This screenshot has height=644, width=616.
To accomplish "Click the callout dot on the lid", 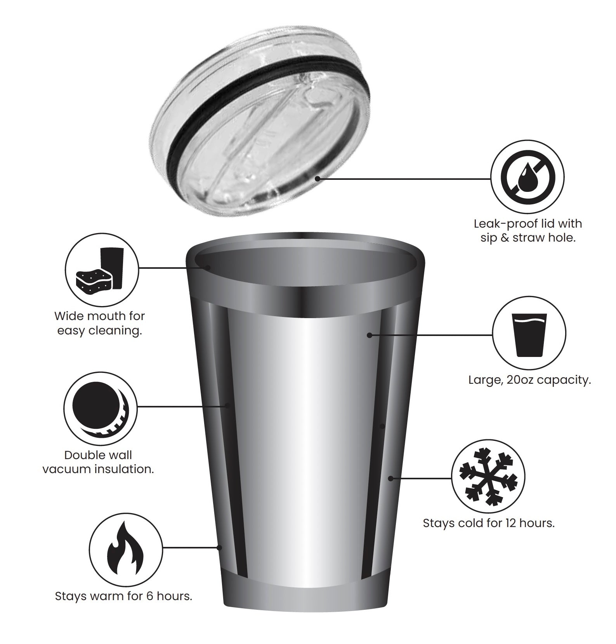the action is pos(318,178).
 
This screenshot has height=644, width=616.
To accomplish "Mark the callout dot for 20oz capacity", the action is pos(370,335).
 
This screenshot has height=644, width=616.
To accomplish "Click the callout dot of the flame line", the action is pos(219,547).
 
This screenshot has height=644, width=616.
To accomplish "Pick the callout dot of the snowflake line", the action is pos(391,478).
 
